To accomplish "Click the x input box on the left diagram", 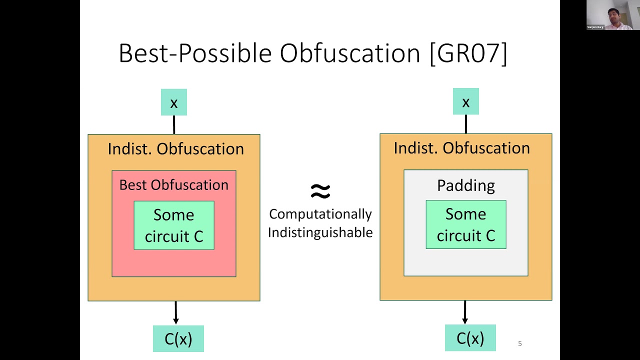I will [173, 102].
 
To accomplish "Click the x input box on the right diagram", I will [465, 101].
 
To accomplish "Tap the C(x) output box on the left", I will [178, 338].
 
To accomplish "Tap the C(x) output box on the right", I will [470, 338].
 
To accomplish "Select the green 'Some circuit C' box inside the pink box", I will [174, 225].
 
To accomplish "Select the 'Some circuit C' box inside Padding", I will [465, 224].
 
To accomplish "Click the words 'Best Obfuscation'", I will [173, 184].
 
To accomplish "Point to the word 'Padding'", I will [465, 185].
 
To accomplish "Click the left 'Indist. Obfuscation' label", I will [175, 148].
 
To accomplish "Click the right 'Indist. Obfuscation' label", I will [461, 147].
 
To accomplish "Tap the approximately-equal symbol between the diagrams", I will [320, 190].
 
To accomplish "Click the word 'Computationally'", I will [320, 214].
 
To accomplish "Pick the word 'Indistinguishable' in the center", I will [320, 232].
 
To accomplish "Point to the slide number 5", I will [520, 343].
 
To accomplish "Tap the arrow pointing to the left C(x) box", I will [175, 313].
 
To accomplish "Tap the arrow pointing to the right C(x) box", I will [465, 312].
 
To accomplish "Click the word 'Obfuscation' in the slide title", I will [350, 53].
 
